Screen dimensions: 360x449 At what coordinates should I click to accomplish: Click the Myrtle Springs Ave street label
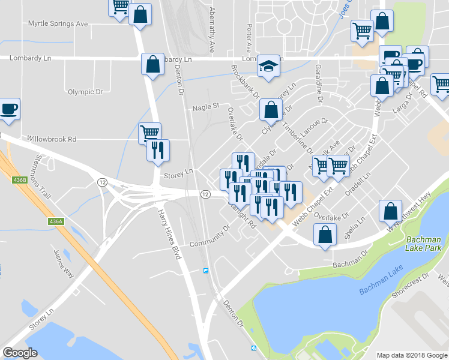tap(58, 24)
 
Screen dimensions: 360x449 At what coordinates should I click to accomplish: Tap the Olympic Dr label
tap(85, 92)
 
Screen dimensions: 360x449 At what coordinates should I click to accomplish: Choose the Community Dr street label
tap(209, 236)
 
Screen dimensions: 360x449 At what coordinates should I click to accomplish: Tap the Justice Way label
tap(63, 264)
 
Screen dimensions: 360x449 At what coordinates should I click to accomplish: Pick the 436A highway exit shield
tap(56, 221)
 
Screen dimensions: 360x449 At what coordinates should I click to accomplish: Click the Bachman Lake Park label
tap(423, 244)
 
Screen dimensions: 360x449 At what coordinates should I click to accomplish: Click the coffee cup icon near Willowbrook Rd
tap(8, 109)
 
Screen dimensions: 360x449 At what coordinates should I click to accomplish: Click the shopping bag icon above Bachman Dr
tap(325, 236)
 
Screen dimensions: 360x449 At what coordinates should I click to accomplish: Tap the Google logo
tap(20, 353)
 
